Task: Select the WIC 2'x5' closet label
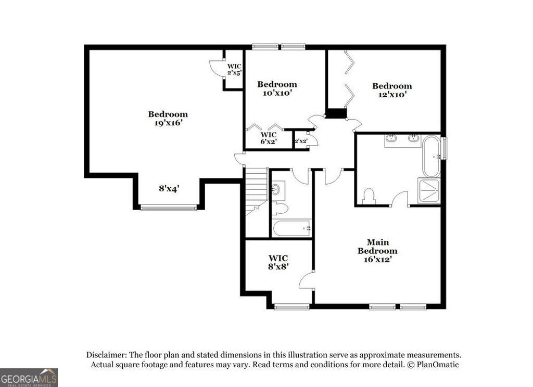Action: [x=234, y=69]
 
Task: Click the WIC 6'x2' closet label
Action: [x=268, y=138]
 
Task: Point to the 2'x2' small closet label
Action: [x=301, y=141]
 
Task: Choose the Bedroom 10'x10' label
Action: [x=277, y=89]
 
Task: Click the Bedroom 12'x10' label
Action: [x=391, y=91]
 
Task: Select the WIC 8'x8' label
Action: [x=278, y=262]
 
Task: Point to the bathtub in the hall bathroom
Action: [x=291, y=228]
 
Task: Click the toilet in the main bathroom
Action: [x=369, y=196]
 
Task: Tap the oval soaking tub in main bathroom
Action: [x=430, y=156]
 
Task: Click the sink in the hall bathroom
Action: [x=277, y=190]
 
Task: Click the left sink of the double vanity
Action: [x=392, y=138]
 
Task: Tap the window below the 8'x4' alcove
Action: [x=169, y=208]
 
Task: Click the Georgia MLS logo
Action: [x=29, y=377]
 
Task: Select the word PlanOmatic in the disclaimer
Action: [x=438, y=365]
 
